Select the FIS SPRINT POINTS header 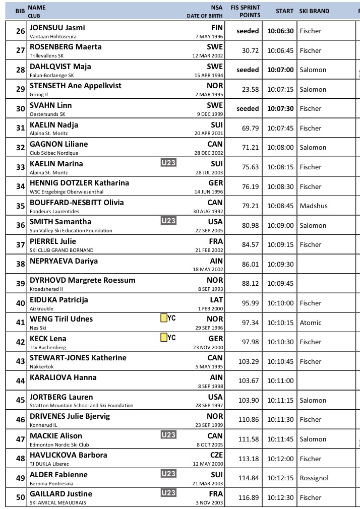[x=246, y=11]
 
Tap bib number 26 [x=20, y=31]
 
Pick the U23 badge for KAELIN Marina [x=169, y=163]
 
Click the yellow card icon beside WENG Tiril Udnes [x=163, y=318]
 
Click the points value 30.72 [x=250, y=50]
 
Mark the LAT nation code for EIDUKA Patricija [x=215, y=299]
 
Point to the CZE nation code [x=215, y=455]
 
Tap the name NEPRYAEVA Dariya [x=64, y=261]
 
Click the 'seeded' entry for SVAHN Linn [x=248, y=109]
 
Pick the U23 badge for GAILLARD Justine [x=169, y=493]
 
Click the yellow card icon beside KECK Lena [x=163, y=338]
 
